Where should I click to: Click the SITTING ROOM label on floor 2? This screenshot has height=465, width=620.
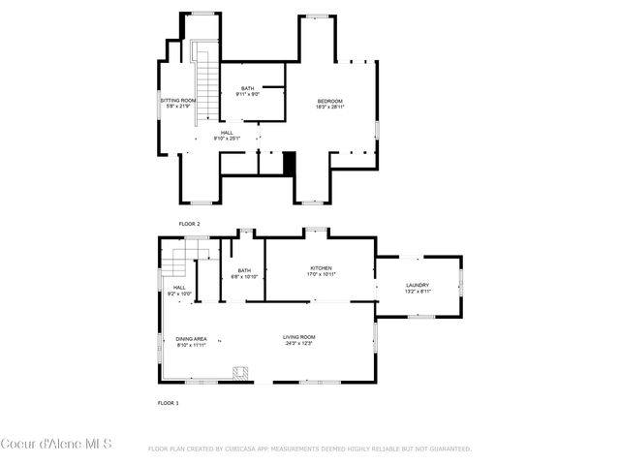178,100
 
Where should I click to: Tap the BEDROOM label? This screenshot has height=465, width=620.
329,101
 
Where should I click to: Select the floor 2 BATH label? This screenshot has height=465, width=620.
248,89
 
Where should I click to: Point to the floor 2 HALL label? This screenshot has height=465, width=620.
227,133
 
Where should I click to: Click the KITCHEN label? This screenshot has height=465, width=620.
321,267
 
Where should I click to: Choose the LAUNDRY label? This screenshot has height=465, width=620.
418,285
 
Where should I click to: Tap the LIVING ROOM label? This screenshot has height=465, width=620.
299,336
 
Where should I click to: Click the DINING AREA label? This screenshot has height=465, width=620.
191,338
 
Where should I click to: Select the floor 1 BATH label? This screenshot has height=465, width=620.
244,270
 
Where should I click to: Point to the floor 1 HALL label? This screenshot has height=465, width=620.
179,287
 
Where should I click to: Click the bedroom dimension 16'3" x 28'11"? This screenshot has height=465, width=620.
329,107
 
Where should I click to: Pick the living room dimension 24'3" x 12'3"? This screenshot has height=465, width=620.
299,343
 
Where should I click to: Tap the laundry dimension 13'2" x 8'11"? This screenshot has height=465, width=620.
418,291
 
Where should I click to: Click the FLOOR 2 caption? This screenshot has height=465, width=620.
189,223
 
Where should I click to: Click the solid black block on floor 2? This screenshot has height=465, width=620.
288,164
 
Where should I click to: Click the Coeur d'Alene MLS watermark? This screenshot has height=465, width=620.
56,445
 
